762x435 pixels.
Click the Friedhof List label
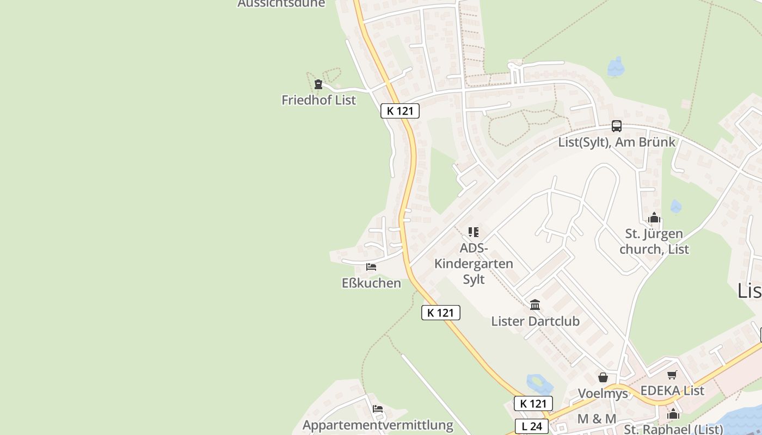click(x=318, y=100)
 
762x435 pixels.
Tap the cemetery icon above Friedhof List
click(x=318, y=84)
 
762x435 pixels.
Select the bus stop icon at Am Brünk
click(x=616, y=126)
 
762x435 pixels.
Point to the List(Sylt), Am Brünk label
click(x=616, y=142)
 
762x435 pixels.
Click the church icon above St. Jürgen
click(x=654, y=219)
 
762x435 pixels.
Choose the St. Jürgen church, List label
click(x=654, y=241)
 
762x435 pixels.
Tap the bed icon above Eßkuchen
click(x=371, y=267)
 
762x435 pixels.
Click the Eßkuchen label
click(x=371, y=283)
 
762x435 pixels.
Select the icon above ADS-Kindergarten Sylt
click(x=474, y=232)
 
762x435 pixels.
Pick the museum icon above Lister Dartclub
click(x=534, y=305)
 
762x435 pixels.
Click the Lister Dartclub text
click(x=535, y=321)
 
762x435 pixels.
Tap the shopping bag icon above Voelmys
click(x=603, y=377)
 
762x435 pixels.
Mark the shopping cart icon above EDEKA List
click(x=672, y=375)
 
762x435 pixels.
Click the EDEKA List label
click(x=672, y=390)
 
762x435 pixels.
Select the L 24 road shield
click(x=532, y=426)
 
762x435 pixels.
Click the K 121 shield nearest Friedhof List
click(x=400, y=111)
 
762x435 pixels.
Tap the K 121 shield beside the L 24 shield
click(x=533, y=403)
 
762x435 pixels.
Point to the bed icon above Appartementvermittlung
click(x=378, y=409)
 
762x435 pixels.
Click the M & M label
click(x=597, y=419)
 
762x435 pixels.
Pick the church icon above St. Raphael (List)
click(x=673, y=414)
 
